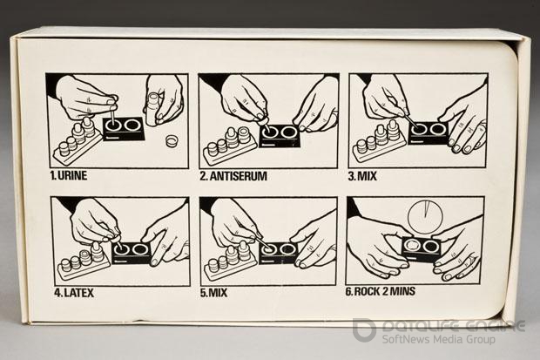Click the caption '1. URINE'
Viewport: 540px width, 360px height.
(x=69, y=175)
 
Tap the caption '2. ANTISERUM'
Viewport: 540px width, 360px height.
(x=233, y=176)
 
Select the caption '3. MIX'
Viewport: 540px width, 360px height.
(x=362, y=176)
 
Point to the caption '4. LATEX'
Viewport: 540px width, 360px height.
(x=74, y=293)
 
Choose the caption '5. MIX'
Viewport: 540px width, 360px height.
(x=213, y=293)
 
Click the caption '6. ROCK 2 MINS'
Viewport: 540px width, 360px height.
(x=381, y=291)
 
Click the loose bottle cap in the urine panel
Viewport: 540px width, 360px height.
(x=172, y=140)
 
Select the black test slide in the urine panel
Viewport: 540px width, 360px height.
(x=124, y=128)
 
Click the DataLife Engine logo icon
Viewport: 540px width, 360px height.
(x=364, y=329)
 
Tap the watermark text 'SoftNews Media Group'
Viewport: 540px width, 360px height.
(x=438, y=339)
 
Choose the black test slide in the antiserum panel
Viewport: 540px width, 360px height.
(x=280, y=135)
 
